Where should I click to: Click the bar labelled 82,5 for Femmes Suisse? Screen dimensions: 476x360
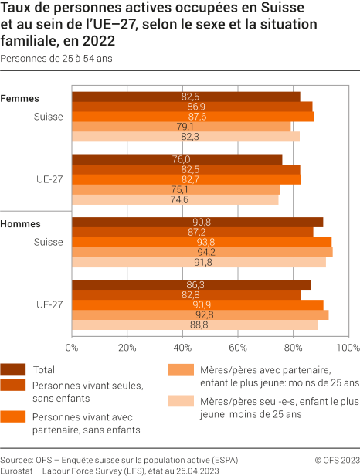coord(185,97)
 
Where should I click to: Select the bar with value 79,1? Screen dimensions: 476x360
coord(181,127)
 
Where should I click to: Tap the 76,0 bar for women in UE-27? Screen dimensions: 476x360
coord(177,159)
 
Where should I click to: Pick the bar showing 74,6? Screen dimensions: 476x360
coord(175,199)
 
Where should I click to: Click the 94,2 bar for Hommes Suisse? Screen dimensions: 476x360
coord(202,252)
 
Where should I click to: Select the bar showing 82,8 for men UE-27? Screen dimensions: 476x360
coord(186,294)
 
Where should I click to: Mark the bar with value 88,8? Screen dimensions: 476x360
coord(195,325)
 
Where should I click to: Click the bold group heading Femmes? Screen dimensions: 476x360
coord(20,98)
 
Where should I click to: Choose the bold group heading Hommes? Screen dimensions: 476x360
coord(21,223)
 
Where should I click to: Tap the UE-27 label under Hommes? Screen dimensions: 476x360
coord(49,304)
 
